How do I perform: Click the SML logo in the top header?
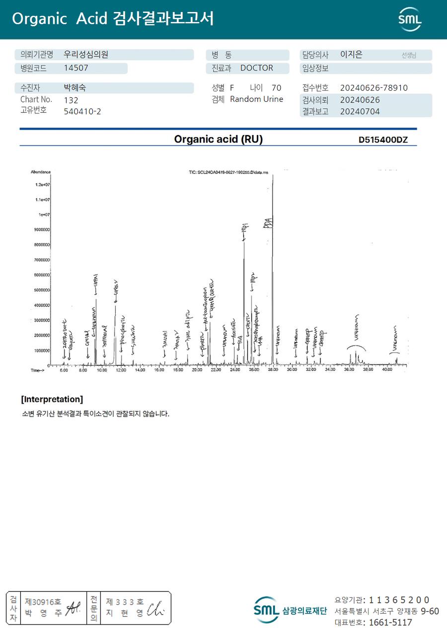coord(410,19)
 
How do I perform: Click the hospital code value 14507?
coord(75,69)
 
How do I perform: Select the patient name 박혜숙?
coord(75,88)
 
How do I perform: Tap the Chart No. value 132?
coord(71,100)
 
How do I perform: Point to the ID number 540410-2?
coord(82,111)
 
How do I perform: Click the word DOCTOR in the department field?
coord(257,68)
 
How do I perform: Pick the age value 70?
coord(277,88)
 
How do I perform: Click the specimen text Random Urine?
coord(256,99)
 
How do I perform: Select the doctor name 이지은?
coord(351,55)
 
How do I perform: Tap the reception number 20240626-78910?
coord(373,88)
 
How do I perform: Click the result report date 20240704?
coord(360,112)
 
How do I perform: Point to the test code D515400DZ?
coord(383,140)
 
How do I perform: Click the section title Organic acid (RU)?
coord(218,140)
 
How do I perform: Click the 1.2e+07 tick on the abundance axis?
coord(42,185)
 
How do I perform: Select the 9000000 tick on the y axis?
coord(41,230)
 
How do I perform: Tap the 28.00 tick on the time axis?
coord(273,370)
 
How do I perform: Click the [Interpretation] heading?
coord(52,399)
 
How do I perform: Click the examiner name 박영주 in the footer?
coord(44,613)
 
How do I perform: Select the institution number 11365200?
coord(399,600)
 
